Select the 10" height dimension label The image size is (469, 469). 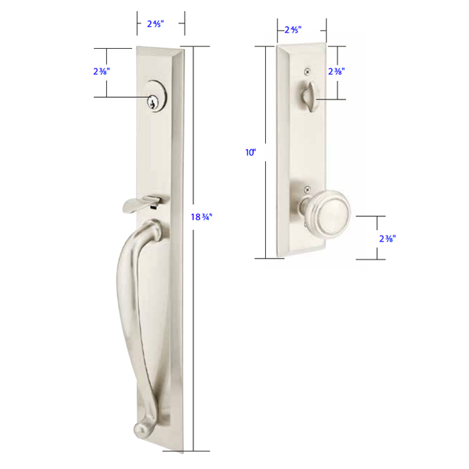(x=251, y=152)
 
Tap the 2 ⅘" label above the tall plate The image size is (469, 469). (x=155, y=23)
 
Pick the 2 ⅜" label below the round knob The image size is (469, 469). (x=387, y=238)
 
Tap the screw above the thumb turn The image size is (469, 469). (x=308, y=71)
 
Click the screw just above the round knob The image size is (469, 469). (x=306, y=190)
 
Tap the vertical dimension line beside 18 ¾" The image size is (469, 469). (x=193, y=326)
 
